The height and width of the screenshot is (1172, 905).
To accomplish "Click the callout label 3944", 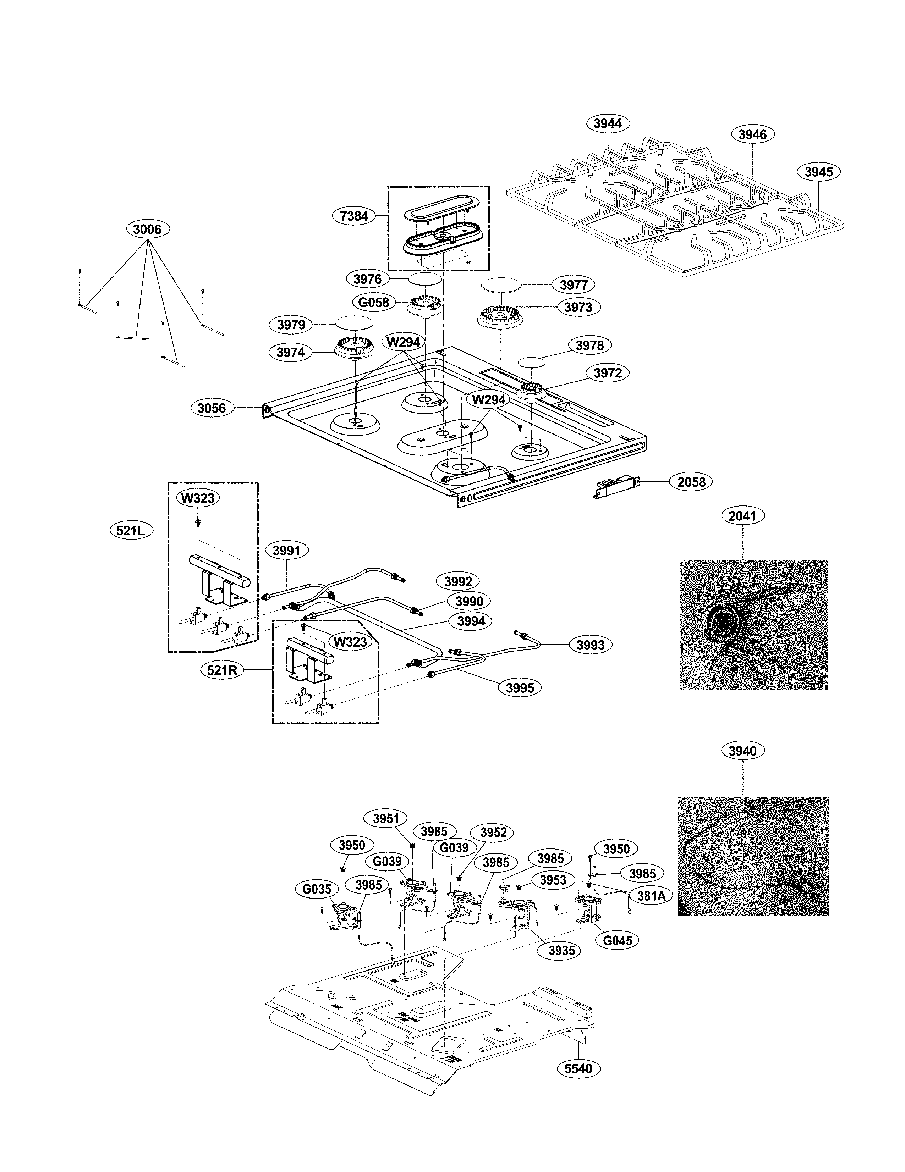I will (608, 123).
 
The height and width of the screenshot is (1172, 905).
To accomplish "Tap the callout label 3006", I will (147, 229).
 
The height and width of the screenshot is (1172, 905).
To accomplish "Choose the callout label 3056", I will (212, 408).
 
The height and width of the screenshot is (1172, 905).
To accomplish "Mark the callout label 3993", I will (590, 645).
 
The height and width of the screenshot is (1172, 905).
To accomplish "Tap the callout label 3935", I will (561, 950).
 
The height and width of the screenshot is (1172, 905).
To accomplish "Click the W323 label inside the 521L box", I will (198, 498).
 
